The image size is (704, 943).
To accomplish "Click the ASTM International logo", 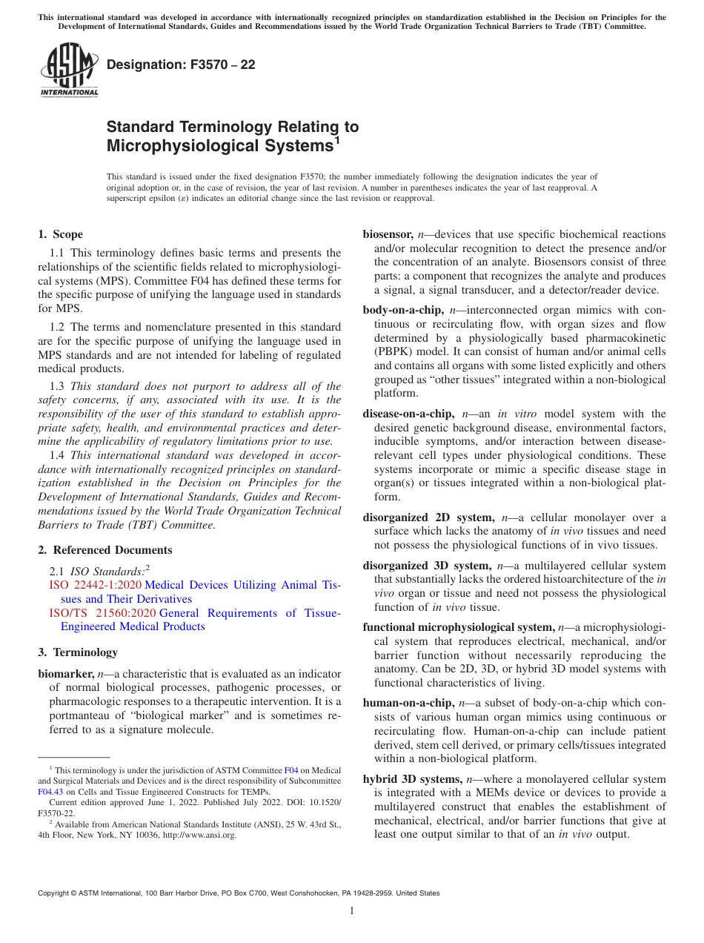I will (69, 70).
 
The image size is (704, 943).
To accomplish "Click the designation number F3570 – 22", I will (181, 64).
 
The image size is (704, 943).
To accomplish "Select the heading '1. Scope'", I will (60, 234).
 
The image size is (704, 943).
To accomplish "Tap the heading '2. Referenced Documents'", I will (104, 550).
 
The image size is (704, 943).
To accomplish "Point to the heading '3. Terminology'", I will (78, 652).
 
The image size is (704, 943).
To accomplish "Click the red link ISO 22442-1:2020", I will (95, 585).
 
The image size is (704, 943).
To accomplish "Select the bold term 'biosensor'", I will (388, 234).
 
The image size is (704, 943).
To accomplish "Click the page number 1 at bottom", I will (352, 910).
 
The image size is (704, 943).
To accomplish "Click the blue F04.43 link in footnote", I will (50, 791).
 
